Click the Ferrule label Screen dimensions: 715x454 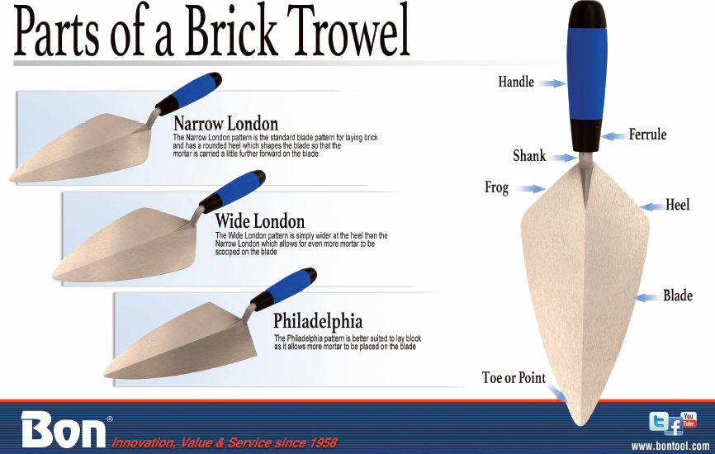tap(647, 135)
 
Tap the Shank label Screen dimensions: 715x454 tap(529, 156)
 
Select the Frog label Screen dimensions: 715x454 tap(496, 187)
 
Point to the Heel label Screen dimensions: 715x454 tap(678, 205)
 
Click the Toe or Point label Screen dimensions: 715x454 tap(514, 378)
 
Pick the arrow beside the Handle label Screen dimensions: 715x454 tap(552, 83)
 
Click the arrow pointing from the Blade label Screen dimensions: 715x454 tap(647, 298)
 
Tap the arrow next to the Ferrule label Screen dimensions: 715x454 tap(613, 136)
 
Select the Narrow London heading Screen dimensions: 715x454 tap(225, 124)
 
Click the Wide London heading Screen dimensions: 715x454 tap(260, 221)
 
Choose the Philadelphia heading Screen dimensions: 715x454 tap(318, 321)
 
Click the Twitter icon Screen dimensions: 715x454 tap(659, 421)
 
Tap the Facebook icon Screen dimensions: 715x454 tap(674, 427)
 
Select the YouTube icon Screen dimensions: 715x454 tap(689, 419)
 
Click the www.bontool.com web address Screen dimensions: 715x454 tap(670, 446)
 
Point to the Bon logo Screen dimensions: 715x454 tap(64, 429)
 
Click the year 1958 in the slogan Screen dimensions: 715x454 tap(324, 442)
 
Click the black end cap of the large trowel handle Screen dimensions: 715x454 tap(587, 16)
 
